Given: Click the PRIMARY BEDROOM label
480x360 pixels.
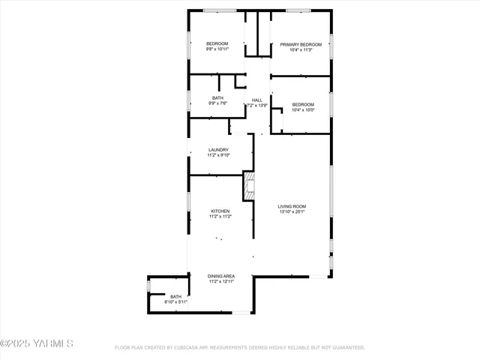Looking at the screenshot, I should coord(301,44).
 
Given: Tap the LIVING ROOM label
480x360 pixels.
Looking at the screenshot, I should coord(292,206).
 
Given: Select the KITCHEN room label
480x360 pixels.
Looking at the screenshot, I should coord(220,211).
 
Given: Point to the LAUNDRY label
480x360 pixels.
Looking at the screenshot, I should coord(218,150).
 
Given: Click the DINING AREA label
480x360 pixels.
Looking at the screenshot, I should coord(221,276).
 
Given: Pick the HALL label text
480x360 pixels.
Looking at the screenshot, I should coord(257,100).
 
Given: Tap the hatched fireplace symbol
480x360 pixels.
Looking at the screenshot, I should coord(249,184).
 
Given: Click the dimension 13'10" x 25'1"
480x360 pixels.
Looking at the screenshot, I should coord(292,212).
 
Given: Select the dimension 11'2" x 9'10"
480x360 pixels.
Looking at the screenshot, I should coord(218,156).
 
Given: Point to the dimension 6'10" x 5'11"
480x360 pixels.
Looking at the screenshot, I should coord(176,301).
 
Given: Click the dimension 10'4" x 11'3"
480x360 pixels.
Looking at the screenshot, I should coord(301,50).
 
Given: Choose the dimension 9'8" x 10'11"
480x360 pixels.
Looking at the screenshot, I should coord(217,50).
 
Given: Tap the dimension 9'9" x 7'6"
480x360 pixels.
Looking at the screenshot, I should coord(217,103).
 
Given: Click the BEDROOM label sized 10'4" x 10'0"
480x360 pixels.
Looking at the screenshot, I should coord(303,104).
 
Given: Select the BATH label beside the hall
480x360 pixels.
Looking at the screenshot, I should coord(217,97).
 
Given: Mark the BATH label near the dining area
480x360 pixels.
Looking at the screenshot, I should coord(176,296).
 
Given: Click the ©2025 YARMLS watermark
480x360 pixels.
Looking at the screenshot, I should coord(37,343).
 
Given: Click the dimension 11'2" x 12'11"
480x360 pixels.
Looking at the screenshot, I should coord(221,282).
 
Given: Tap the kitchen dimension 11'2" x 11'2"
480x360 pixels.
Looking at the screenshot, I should coord(220,217).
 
